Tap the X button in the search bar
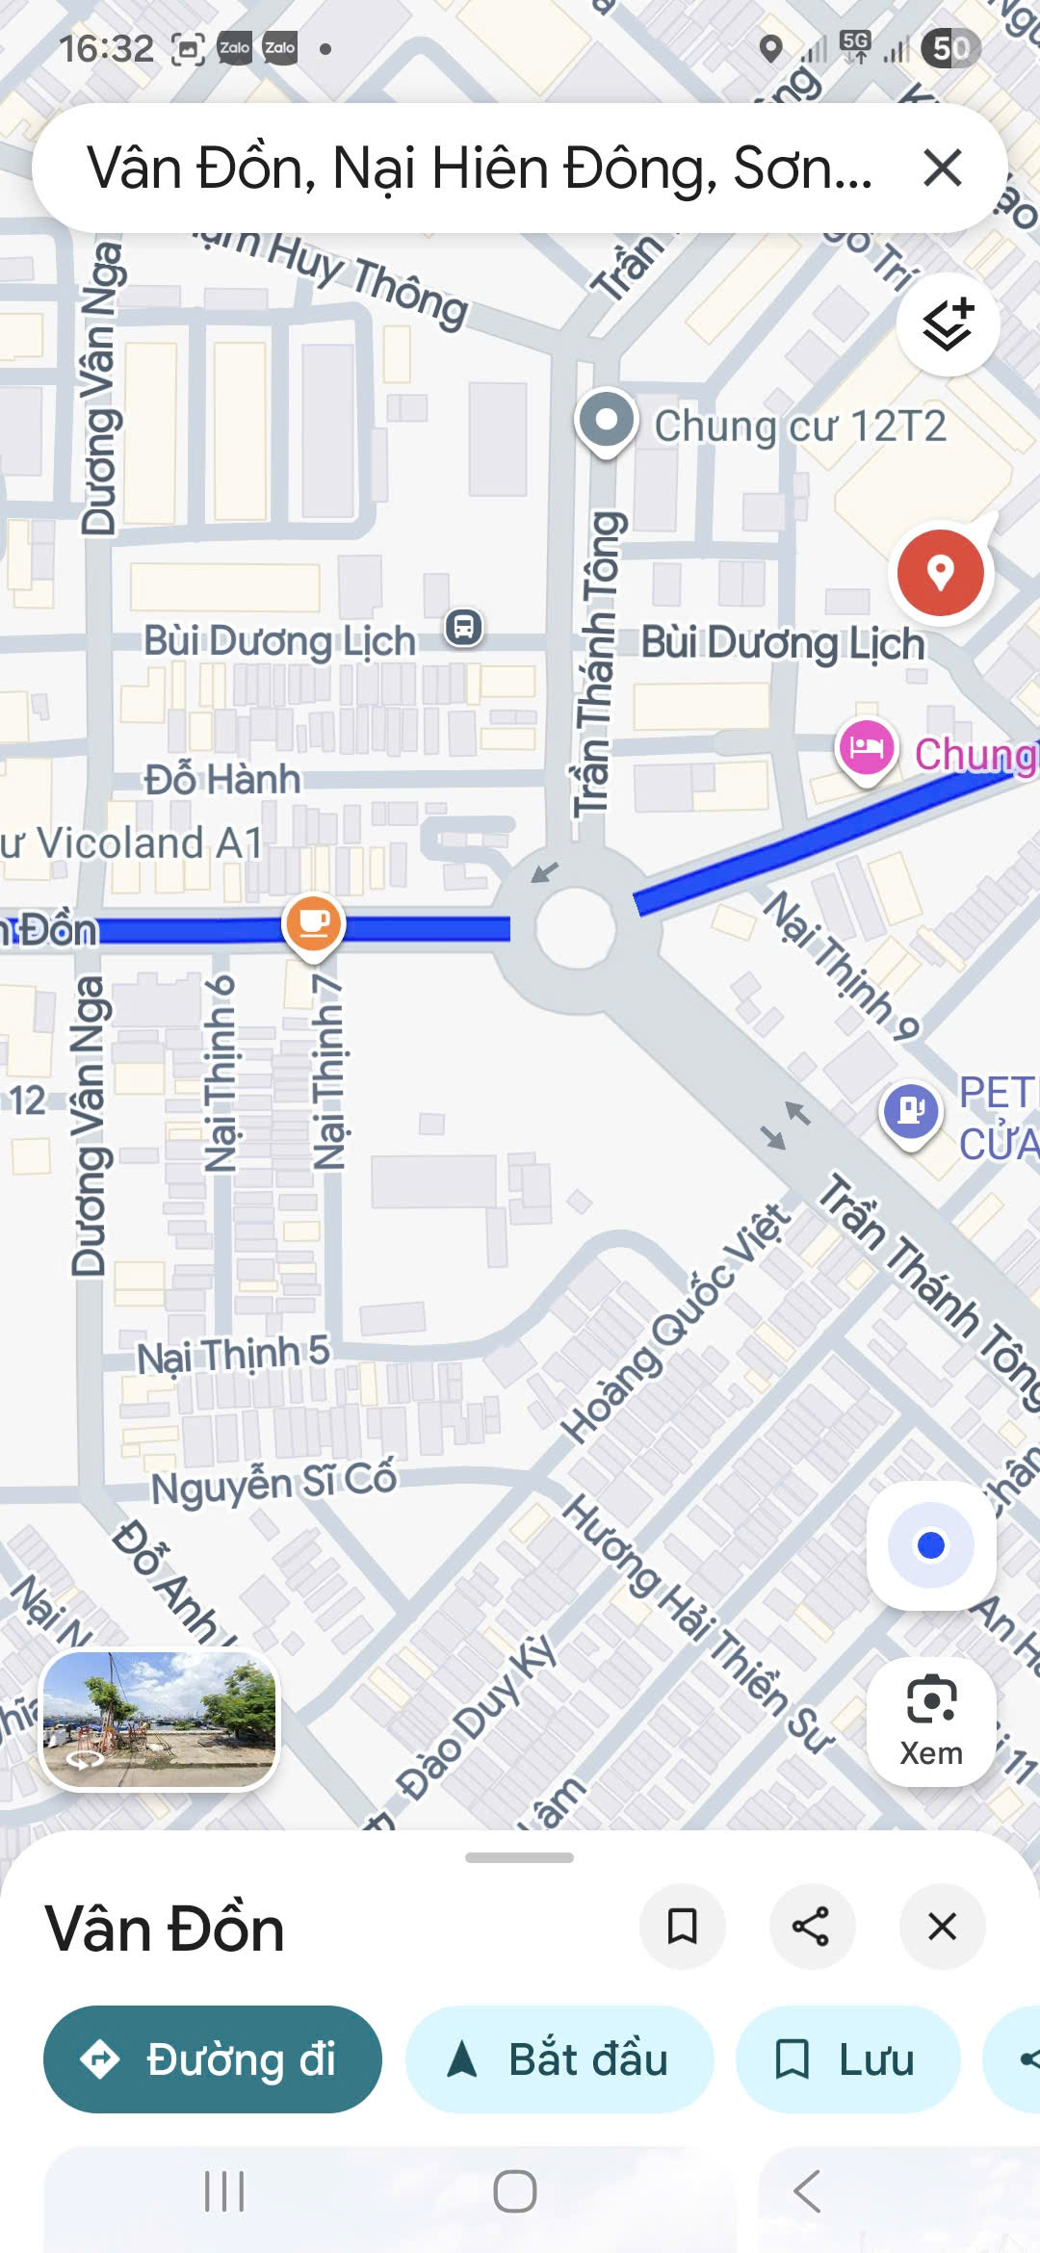(x=942, y=168)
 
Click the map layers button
(x=948, y=324)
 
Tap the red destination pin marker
(x=940, y=573)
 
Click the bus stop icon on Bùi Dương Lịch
(x=464, y=628)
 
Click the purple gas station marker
(x=910, y=1110)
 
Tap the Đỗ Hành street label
(x=222, y=779)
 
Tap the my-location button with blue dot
(x=930, y=1545)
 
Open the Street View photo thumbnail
(x=160, y=1720)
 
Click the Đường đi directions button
(x=213, y=2059)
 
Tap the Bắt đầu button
(x=559, y=2059)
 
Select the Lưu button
(x=847, y=2059)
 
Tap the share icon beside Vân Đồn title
(x=811, y=1927)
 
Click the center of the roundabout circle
(x=575, y=926)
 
